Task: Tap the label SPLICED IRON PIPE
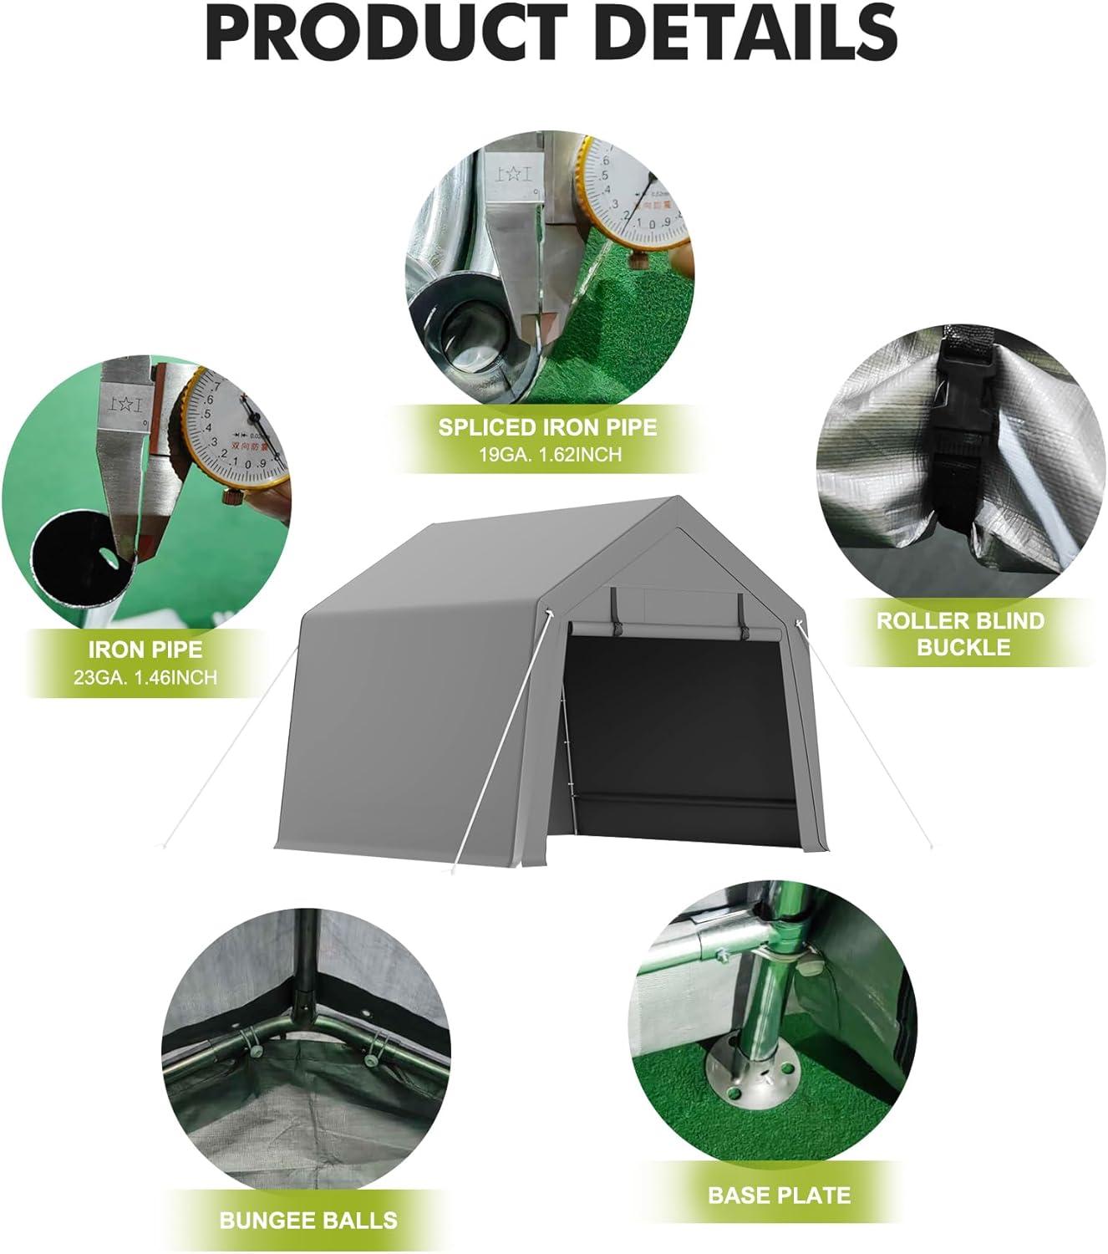pyautogui.click(x=548, y=428)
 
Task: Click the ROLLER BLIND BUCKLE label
pyautogui.click(x=959, y=634)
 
